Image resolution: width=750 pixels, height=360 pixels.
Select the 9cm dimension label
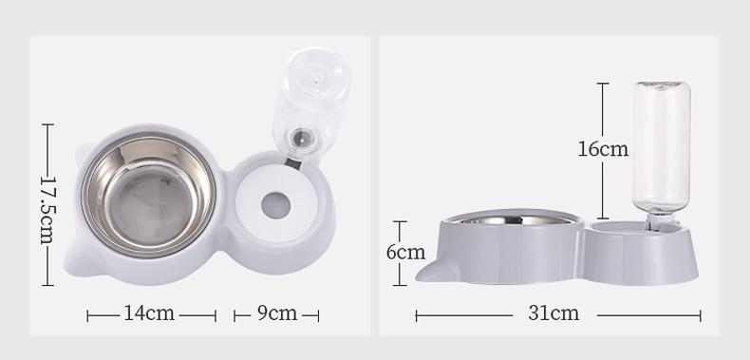coord(276,313)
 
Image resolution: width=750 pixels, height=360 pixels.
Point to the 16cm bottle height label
coord(604,148)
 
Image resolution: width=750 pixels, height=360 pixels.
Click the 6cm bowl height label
coord(404,253)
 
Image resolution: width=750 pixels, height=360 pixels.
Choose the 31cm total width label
coord(553,313)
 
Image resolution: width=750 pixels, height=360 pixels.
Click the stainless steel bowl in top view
coord(148,195)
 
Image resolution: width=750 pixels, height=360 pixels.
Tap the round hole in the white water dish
coord(276,203)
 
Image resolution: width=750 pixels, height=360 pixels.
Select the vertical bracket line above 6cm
coord(401,231)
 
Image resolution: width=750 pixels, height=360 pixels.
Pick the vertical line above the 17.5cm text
coord(47,142)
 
